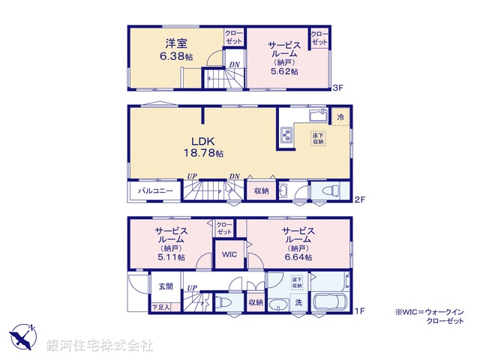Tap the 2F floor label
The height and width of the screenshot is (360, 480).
[x=359, y=200]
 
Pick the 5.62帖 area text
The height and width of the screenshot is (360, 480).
[x=284, y=71]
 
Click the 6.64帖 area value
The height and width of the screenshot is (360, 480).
[x=298, y=256]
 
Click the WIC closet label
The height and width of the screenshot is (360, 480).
[x=229, y=254]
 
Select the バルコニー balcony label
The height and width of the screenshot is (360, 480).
[x=155, y=191]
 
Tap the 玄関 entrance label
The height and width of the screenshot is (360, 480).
[x=166, y=286]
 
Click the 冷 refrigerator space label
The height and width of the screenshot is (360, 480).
[x=340, y=118]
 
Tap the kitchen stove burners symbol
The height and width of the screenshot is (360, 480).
[x=286, y=135]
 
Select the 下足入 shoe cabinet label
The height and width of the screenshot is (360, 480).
[x=160, y=306]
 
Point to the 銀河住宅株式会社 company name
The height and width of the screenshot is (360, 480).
[x=100, y=346]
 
